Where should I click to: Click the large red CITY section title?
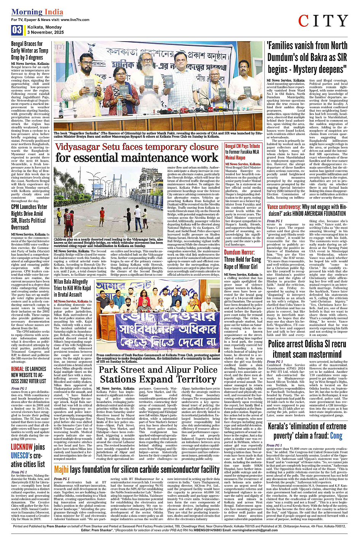tap(323, 21)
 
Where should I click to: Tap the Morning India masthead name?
tap(37, 12)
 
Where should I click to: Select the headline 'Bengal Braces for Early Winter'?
tap(30, 47)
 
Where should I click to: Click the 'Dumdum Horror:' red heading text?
tap(239, 252)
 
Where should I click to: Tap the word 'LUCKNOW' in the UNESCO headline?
tap(22, 447)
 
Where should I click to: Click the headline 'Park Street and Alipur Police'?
tap(158, 370)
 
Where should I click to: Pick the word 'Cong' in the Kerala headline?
tap(336, 435)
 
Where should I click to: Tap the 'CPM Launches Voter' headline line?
tap(29, 207)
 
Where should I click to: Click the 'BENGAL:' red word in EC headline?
tap(18, 369)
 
